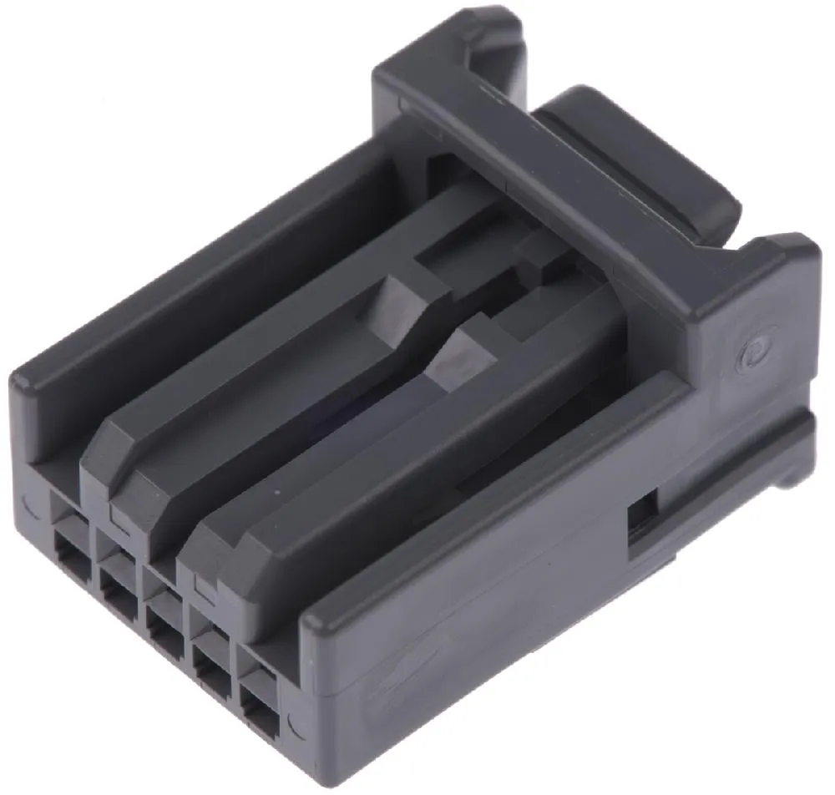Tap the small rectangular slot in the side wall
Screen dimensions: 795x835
pyautogui.click(x=643, y=514)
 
